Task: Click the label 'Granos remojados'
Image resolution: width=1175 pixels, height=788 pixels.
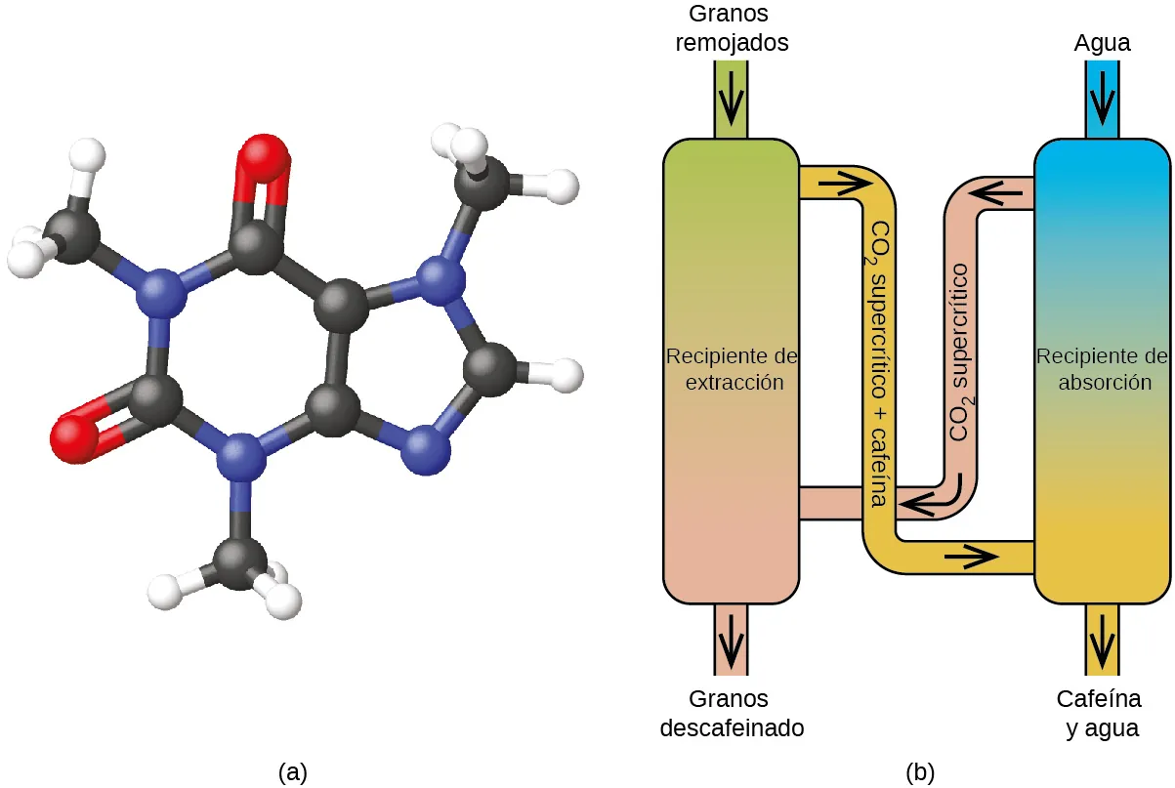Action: click(x=732, y=28)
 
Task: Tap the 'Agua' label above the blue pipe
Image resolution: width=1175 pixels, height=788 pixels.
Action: click(x=1102, y=43)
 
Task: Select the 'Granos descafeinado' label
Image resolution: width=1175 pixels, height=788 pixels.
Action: click(x=732, y=714)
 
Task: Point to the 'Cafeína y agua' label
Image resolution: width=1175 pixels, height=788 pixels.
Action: click(x=1099, y=714)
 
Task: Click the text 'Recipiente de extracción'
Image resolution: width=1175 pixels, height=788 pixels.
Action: click(x=732, y=369)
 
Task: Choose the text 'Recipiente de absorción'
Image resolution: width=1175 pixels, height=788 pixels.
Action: click(x=1103, y=369)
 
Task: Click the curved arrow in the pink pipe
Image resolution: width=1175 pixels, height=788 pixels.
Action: click(x=936, y=496)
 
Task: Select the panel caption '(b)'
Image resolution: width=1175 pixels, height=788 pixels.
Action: click(x=920, y=771)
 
